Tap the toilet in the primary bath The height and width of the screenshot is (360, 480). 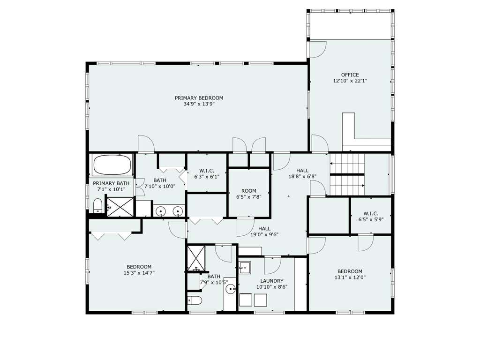click(x=97, y=205)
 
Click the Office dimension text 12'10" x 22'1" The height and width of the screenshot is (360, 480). click(x=350, y=81)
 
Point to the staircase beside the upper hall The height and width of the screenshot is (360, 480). click(x=347, y=174)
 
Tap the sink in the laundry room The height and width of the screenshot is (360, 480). click(x=245, y=267)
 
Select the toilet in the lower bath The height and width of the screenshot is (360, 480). click(x=195, y=300)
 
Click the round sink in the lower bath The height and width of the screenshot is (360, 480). click(x=231, y=288)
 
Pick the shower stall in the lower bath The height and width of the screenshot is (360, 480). click(x=196, y=258)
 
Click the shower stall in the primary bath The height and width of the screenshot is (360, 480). click(x=120, y=207)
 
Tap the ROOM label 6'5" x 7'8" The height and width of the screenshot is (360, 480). click(x=248, y=194)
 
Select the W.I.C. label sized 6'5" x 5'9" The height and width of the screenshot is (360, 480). click(x=371, y=217)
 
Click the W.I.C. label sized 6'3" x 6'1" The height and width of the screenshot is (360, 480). click(x=207, y=173)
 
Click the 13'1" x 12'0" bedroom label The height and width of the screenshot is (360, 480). click(x=350, y=274)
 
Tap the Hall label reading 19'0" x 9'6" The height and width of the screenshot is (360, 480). click(x=264, y=232)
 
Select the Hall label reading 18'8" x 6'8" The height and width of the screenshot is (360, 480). click(x=302, y=173)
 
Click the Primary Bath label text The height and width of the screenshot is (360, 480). click(x=111, y=183)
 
